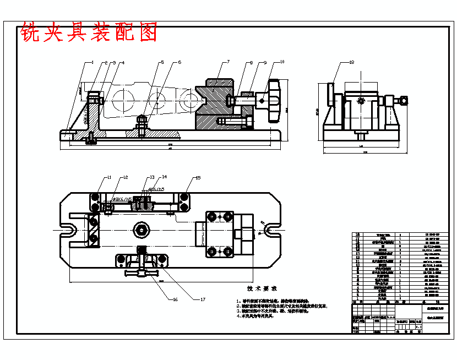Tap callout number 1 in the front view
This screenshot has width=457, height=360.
93,62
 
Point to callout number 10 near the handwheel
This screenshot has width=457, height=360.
282,62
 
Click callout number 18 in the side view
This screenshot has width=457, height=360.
351,63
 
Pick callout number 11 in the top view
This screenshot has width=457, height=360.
109,177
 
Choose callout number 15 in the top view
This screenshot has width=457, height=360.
198,177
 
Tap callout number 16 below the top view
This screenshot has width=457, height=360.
176,299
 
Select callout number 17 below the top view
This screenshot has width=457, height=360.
203,299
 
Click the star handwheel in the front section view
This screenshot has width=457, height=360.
274,101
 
